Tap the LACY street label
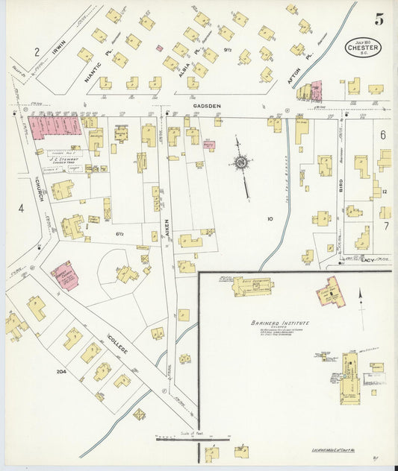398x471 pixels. pyautogui.click(x=367, y=259)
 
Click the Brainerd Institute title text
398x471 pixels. pyautogui.click(x=280, y=323)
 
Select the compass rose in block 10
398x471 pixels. pyautogui.click(x=241, y=162)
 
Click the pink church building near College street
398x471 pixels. pyautogui.click(x=63, y=275)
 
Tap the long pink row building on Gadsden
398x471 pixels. pyautogui.click(x=54, y=126)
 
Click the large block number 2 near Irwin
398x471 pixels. pyautogui.click(x=36, y=51)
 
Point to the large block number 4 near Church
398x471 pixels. pyautogui.click(x=21, y=208)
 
